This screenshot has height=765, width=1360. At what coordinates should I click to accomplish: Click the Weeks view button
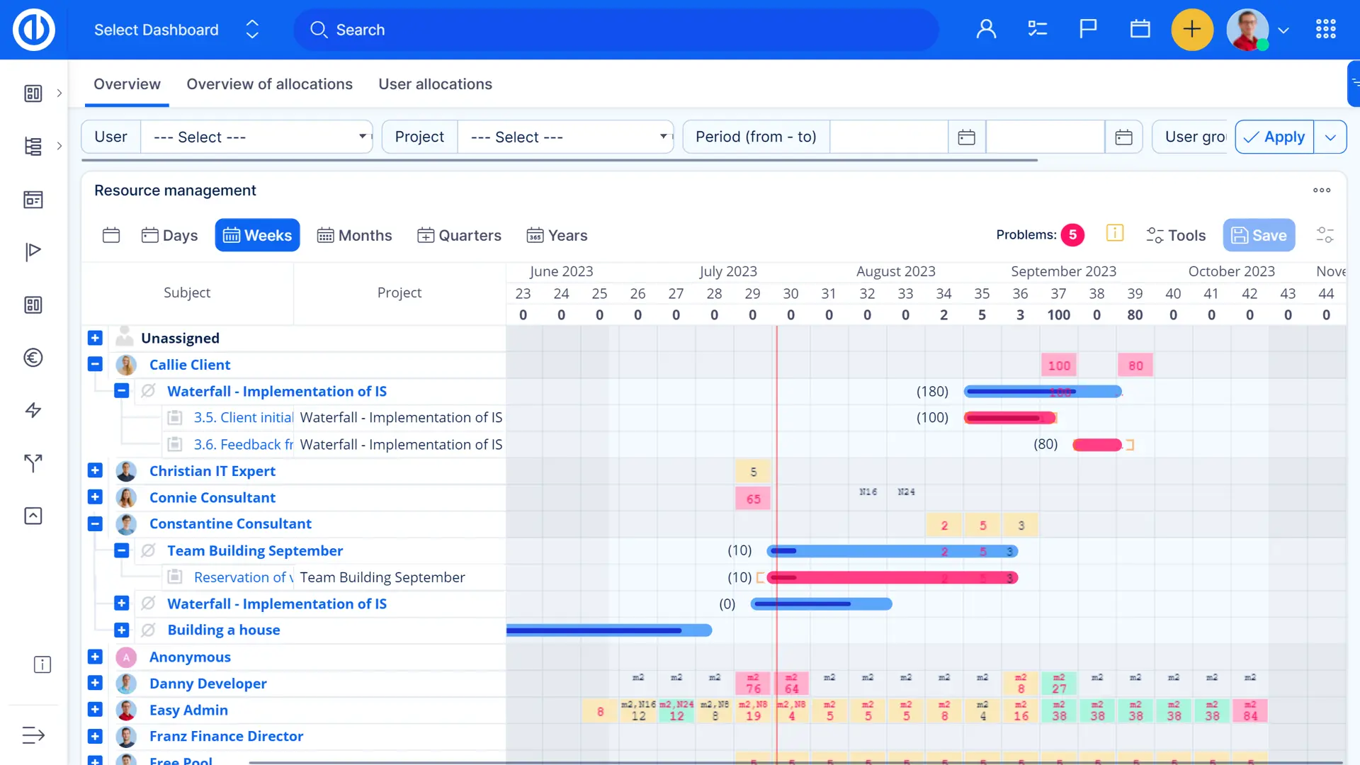click(x=257, y=235)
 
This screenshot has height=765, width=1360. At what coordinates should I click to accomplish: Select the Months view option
click(x=354, y=235)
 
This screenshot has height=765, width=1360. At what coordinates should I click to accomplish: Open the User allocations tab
click(x=435, y=84)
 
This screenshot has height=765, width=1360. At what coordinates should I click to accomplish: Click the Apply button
click(x=1274, y=137)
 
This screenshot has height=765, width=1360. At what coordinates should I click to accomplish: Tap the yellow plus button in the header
click(x=1192, y=30)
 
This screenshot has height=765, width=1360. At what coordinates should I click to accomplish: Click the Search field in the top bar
click(x=616, y=30)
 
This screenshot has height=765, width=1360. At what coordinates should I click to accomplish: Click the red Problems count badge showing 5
click(x=1072, y=235)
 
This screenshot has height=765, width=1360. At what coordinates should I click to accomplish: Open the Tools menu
click(x=1176, y=235)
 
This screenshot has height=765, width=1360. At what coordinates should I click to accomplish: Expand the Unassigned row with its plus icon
click(x=95, y=338)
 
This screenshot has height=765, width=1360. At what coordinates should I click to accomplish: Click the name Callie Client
click(x=190, y=365)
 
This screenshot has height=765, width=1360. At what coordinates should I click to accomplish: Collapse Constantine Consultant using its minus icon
click(x=95, y=524)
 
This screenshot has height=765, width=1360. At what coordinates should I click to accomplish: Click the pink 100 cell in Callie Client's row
click(x=1059, y=365)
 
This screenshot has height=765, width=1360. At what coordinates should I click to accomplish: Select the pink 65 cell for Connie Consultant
click(x=753, y=499)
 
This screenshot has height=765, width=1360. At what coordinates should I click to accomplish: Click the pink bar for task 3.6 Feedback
click(x=1096, y=445)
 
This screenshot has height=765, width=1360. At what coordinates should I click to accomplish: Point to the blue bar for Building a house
click(x=609, y=630)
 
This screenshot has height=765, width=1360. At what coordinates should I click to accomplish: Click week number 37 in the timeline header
click(x=1058, y=293)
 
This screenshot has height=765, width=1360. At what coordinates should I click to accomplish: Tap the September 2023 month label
click(x=1063, y=271)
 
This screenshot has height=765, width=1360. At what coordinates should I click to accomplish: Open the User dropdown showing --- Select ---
click(x=256, y=137)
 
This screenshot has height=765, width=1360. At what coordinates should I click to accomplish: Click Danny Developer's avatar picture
click(x=126, y=684)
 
